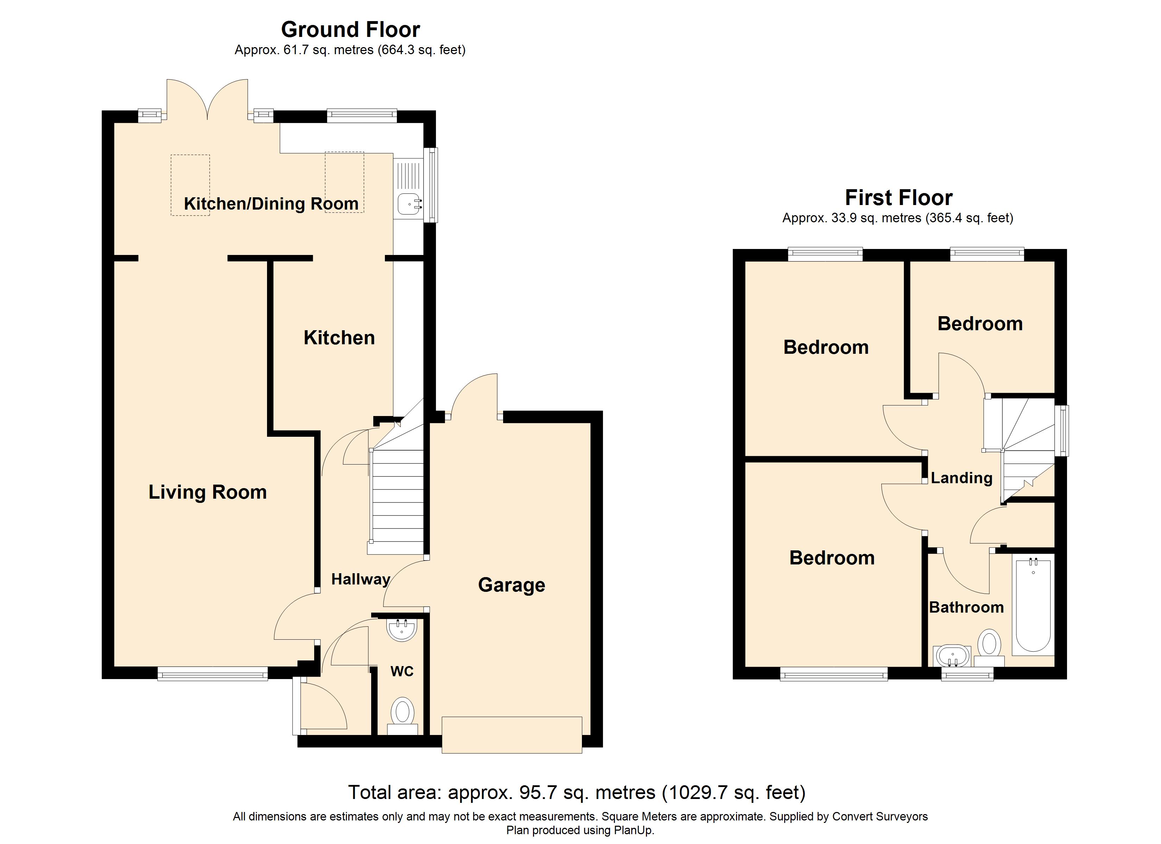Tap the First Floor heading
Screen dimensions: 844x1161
coord(899,198)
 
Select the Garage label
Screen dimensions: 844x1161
coord(512,585)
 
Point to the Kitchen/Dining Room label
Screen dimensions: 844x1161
coord(271,204)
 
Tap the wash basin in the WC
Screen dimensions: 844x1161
coord(402,629)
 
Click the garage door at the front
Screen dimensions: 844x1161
coord(512,735)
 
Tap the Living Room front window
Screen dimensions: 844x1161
coord(212,673)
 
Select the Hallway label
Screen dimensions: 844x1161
coord(360,580)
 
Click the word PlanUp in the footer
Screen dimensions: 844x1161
coord(635,830)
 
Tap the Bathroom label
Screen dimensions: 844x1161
coord(966,608)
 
